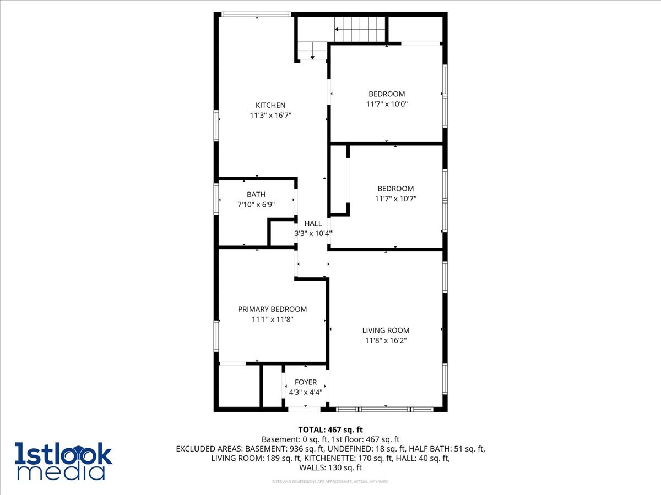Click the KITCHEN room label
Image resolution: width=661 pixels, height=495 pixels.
point(270,105)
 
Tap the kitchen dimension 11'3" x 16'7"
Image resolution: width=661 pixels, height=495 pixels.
point(270,115)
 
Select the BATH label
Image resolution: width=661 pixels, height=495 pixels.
point(256,195)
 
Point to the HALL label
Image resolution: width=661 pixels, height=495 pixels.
point(313,223)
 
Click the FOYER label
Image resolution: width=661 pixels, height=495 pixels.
point(306,382)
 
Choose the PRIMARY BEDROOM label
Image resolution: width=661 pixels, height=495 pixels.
point(272,309)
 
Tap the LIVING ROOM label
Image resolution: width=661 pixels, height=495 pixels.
point(386,331)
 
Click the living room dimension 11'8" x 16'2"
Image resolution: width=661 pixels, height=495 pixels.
point(386,340)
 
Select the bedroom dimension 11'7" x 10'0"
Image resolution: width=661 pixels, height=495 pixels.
point(387,104)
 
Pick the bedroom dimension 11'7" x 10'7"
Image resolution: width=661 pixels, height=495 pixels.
point(395,199)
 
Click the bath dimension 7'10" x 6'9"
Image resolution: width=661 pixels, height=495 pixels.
point(256,205)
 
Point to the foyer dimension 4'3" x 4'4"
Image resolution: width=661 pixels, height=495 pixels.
point(306,392)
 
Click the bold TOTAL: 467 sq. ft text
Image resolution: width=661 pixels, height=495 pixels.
point(330,430)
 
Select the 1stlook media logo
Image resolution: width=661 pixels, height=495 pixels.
point(63,461)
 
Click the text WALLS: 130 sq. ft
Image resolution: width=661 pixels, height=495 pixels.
point(330,468)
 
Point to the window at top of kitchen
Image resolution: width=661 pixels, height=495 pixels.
point(256,14)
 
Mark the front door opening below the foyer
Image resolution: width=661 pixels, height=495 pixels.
point(304,409)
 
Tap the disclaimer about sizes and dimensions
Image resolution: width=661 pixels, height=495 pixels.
point(330,481)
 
